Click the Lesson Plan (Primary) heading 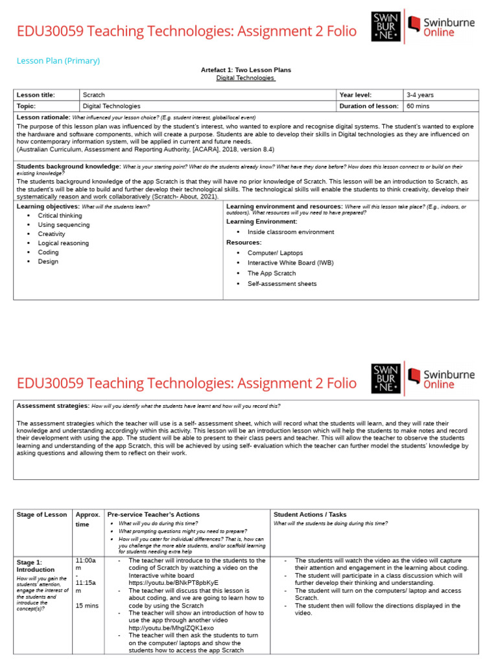click(x=58, y=61)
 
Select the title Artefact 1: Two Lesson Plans click(x=246, y=70)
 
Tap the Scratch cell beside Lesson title click(x=94, y=95)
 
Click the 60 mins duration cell click(x=418, y=106)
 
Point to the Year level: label click(x=355, y=95)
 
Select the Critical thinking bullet click(x=60, y=215)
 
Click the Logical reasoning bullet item click(x=64, y=243)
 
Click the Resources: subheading click(x=244, y=243)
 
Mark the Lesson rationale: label click(x=43, y=117)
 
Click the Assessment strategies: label click(x=53, y=406)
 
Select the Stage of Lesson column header click(x=41, y=515)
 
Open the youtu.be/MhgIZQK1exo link click(x=171, y=628)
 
